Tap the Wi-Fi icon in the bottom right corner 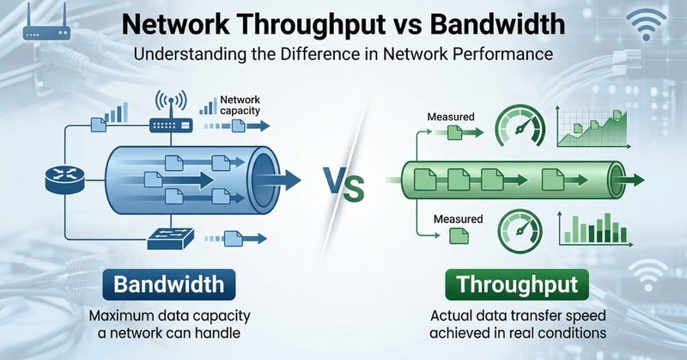click(x=646, y=277)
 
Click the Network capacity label click(x=242, y=106)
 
